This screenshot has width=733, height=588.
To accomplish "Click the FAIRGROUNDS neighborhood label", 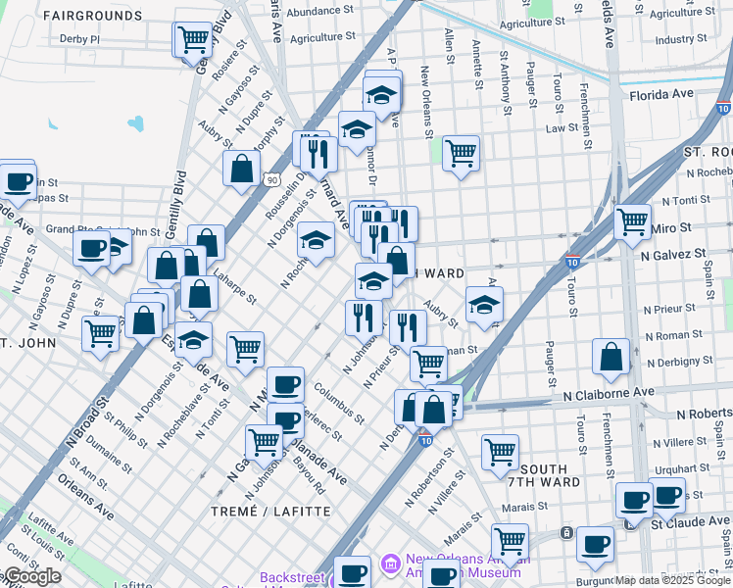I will [94, 17].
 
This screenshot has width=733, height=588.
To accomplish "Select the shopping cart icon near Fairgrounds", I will [194, 40].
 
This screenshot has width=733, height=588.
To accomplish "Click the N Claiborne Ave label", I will [609, 392].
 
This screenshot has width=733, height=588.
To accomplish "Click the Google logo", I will [32, 576].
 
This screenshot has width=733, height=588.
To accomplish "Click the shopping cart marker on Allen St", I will [461, 153].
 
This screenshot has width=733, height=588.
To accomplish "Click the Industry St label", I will [674, 40].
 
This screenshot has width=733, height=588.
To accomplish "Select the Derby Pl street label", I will [80, 39].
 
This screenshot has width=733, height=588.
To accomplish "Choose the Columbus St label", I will [340, 402].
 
